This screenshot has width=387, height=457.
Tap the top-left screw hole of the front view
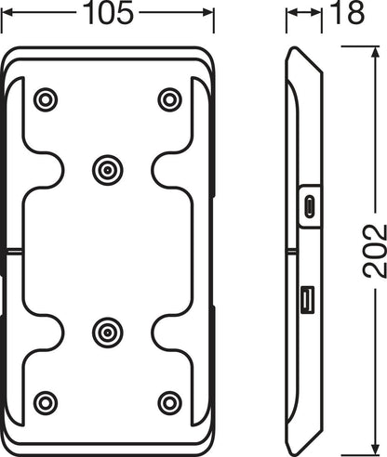tap(45, 98)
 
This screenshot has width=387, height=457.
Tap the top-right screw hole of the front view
tap(169, 98)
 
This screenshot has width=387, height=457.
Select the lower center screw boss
tap(107, 331)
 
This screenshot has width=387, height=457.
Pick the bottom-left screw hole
tap(45, 402)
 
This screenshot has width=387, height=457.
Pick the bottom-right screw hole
tap(169, 402)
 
